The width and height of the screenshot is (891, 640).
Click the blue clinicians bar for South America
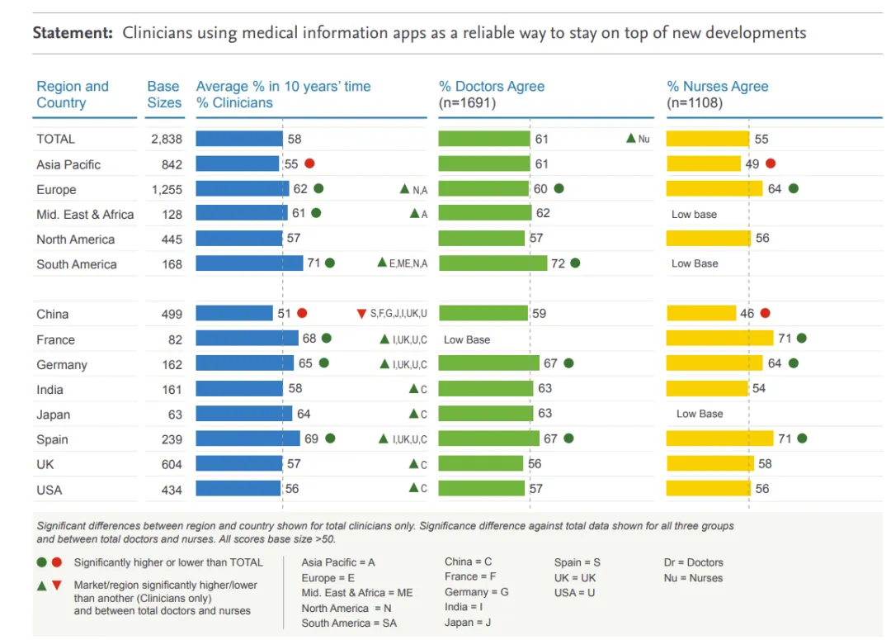(x=249, y=263)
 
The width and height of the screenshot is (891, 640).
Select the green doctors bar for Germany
(x=488, y=363)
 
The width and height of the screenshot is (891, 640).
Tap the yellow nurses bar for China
(x=700, y=314)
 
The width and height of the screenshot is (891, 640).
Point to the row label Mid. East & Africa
(x=85, y=215)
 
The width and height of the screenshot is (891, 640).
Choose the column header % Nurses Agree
(x=717, y=87)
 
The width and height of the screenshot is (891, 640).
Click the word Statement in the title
(x=72, y=34)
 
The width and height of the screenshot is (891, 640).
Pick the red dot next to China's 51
(x=302, y=314)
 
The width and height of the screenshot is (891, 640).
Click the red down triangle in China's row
(x=361, y=314)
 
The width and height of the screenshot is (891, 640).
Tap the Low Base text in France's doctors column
(x=466, y=339)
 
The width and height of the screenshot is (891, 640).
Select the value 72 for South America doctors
(x=558, y=263)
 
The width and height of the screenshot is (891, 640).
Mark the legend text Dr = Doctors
(x=693, y=562)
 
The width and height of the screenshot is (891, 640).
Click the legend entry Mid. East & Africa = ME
(x=357, y=593)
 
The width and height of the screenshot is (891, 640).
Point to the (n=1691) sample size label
(x=468, y=103)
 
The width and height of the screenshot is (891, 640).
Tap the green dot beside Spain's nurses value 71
(x=802, y=439)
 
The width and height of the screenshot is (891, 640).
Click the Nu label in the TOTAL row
(x=643, y=140)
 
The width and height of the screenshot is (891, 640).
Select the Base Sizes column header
(x=163, y=94)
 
